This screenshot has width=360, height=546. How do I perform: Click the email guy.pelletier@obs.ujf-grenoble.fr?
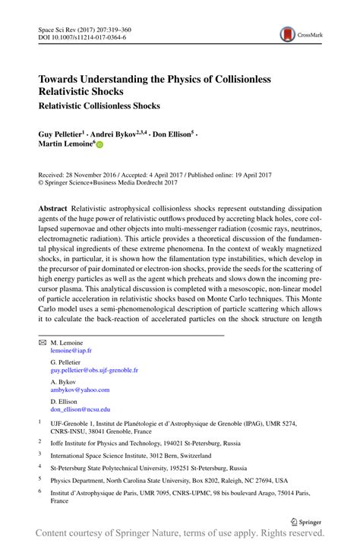[x=94, y=371]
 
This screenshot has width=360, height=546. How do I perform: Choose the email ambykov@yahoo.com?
[x=80, y=390]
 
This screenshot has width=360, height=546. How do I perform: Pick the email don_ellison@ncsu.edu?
[x=80, y=409]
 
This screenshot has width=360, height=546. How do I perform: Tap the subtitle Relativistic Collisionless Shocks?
[x=99, y=106]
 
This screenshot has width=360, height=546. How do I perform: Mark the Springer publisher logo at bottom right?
[x=306, y=521]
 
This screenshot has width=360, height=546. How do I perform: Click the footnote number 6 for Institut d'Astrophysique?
[x=39, y=492]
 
